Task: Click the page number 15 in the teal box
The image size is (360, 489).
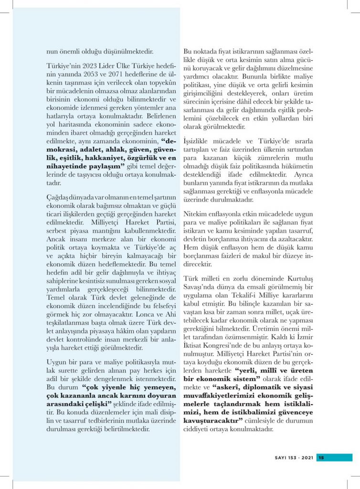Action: tap(321, 457)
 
